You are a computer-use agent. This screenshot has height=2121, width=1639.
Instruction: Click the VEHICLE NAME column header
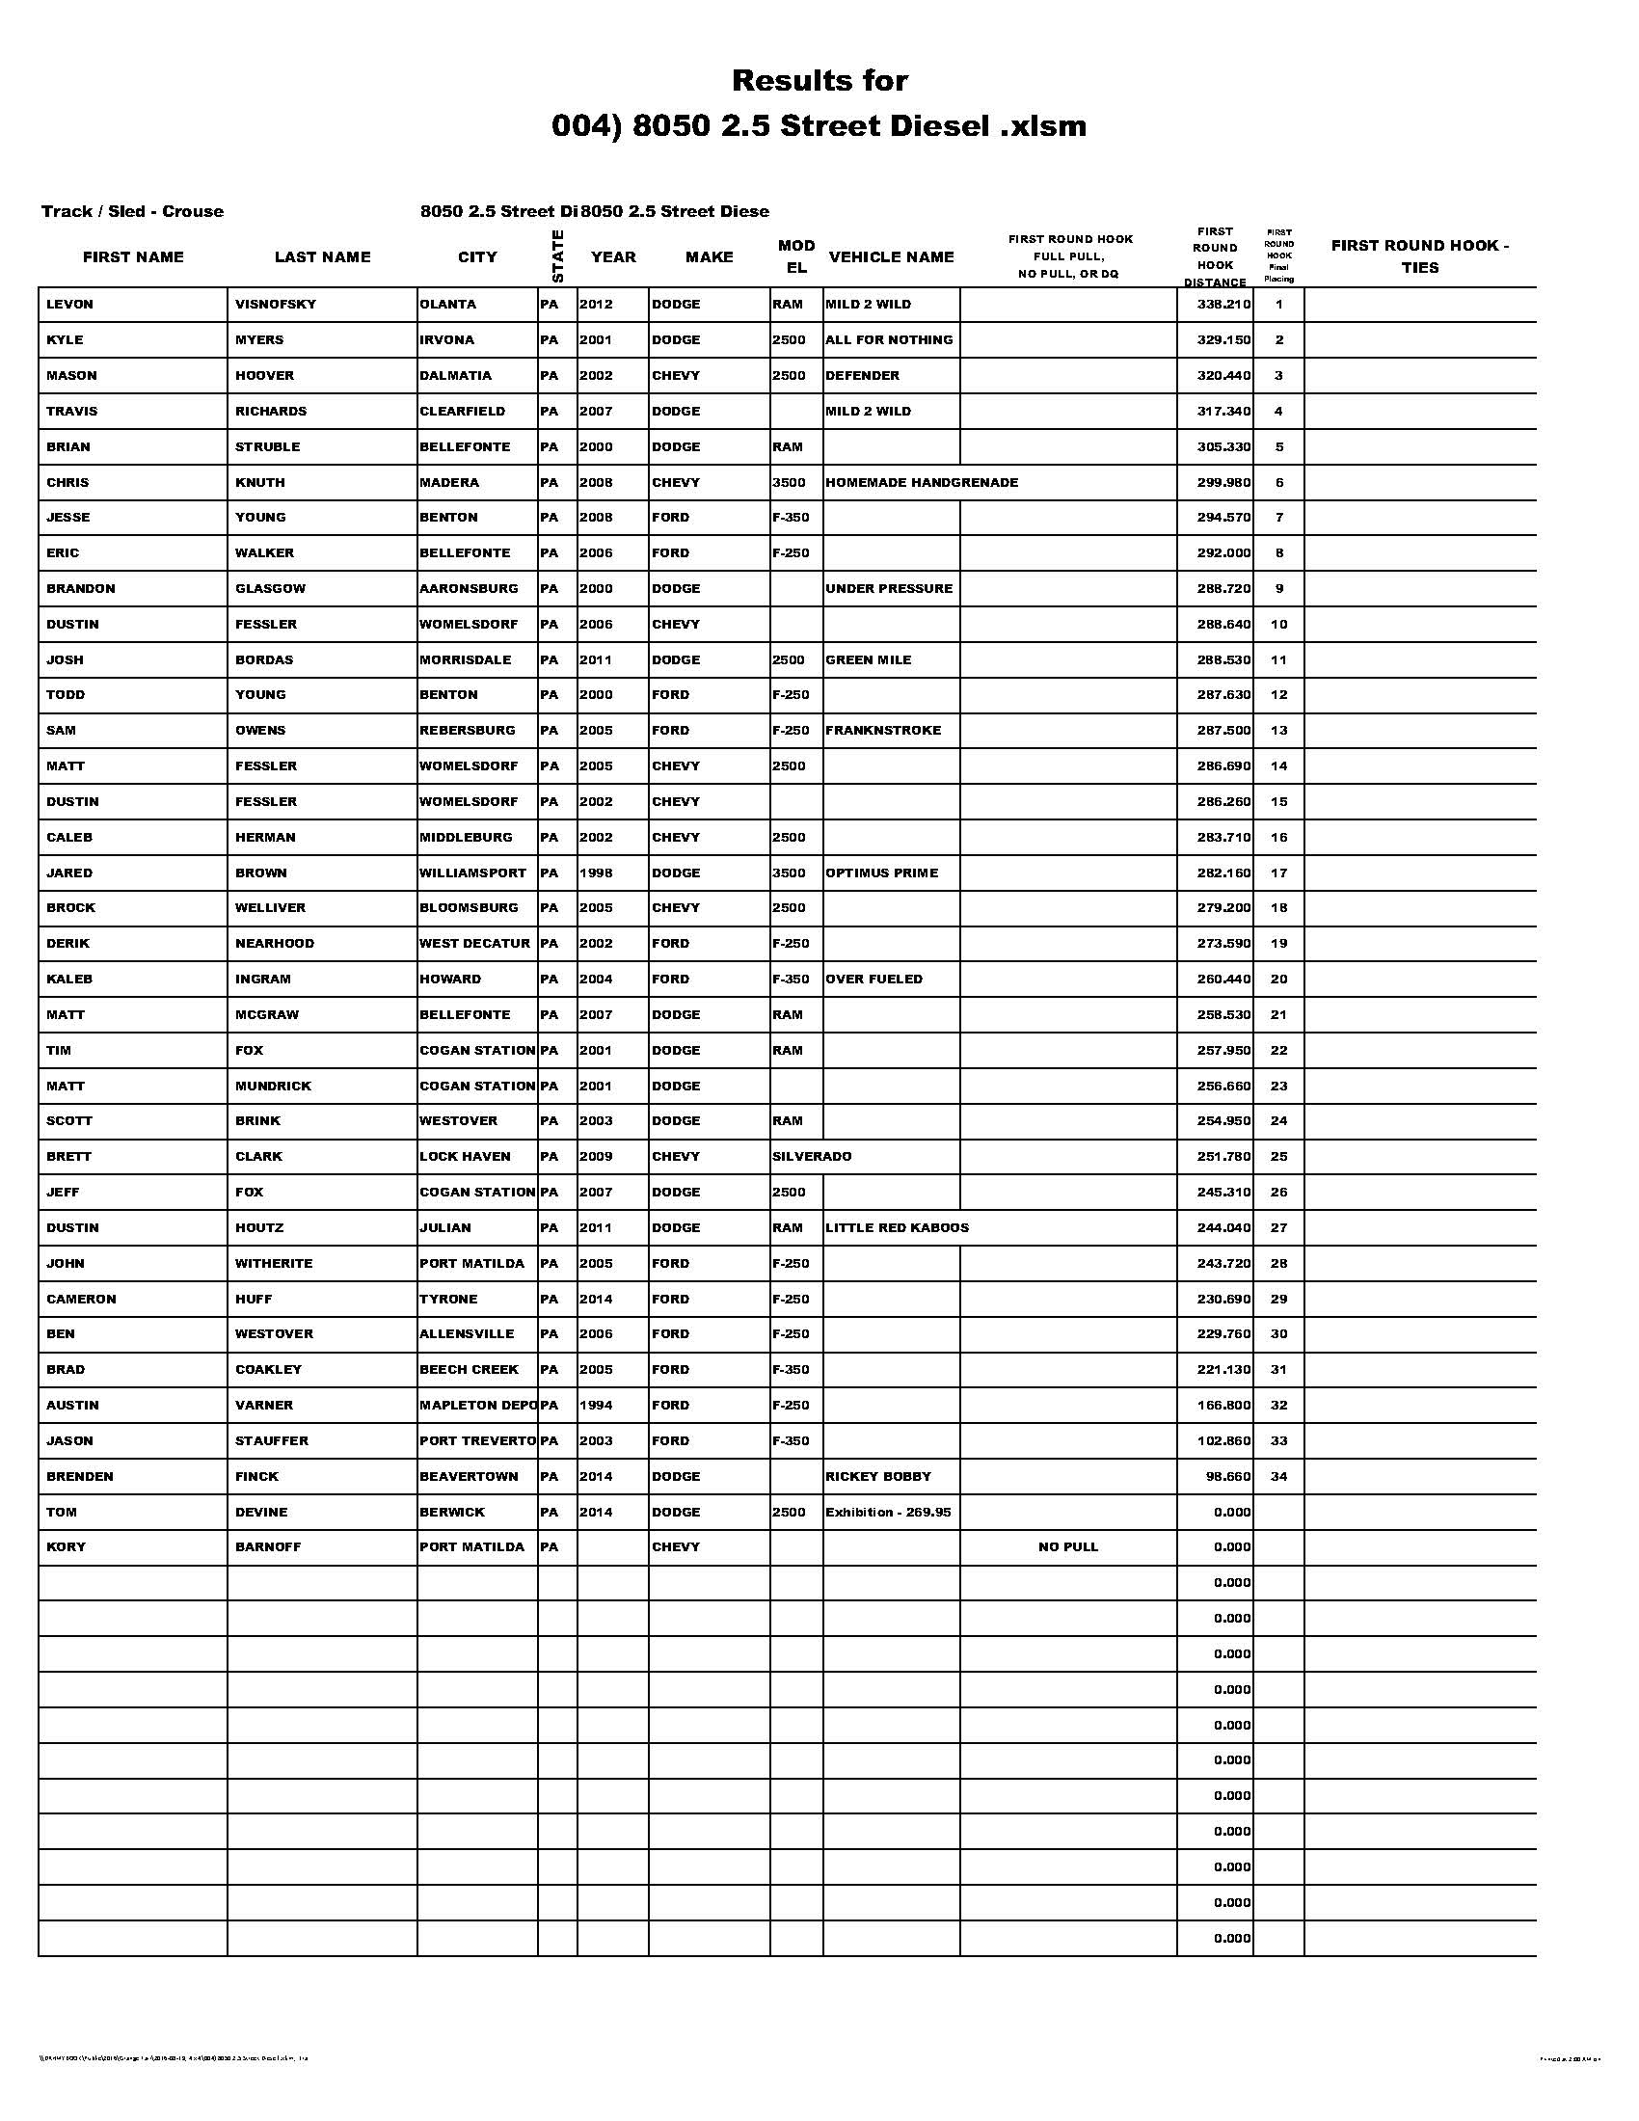(892, 257)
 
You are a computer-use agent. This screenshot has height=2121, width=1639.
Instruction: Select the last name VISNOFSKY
(276, 305)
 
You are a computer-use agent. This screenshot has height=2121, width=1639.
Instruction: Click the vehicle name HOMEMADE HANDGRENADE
(922, 483)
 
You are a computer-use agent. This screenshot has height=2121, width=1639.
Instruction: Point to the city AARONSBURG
(469, 588)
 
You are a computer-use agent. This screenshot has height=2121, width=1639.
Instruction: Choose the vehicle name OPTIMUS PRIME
(881, 873)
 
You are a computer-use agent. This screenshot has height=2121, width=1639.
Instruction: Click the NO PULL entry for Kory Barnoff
(1068, 1547)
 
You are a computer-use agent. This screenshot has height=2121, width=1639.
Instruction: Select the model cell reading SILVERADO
(812, 1157)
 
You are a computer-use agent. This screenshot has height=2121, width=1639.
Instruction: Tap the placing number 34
(1278, 1476)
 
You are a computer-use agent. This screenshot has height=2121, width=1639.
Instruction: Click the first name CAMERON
(82, 1300)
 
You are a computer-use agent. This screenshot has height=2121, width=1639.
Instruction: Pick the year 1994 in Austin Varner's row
(596, 1406)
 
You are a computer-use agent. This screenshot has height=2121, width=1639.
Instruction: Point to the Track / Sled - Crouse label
(132, 212)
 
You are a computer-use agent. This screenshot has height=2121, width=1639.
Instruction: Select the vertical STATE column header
(557, 256)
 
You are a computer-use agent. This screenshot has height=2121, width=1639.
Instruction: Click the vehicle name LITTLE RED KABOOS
(898, 1228)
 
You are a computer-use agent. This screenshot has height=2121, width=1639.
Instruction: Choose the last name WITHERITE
(274, 1264)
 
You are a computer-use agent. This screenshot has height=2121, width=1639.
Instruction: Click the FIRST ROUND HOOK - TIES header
(1419, 256)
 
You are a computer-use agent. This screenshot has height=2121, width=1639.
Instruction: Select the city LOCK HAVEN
(465, 1157)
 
